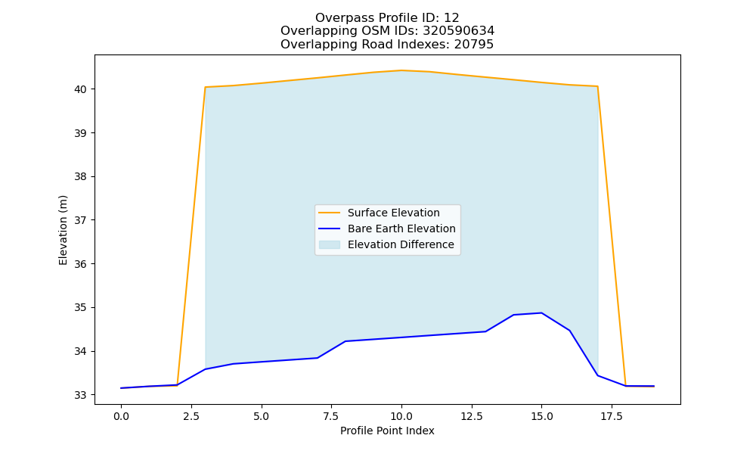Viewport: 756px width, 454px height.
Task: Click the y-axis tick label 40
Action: [x=81, y=89]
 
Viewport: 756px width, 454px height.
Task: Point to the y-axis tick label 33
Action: [x=81, y=395]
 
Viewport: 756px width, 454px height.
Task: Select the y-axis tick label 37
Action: [x=81, y=220]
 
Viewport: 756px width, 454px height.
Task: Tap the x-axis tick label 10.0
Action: [x=401, y=416]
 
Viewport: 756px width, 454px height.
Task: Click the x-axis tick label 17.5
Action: [x=612, y=416]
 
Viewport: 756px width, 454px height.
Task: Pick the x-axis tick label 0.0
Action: [x=121, y=416]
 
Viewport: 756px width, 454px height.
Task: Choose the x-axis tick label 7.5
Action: [x=331, y=416]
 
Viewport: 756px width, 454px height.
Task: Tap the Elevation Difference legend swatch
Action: [x=330, y=244]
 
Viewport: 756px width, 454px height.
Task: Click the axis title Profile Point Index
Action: [x=387, y=431]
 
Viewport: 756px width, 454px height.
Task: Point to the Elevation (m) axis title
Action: [x=63, y=230]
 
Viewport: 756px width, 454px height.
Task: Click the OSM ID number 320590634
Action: [x=459, y=31]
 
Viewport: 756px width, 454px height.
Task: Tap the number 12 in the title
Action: [x=451, y=18]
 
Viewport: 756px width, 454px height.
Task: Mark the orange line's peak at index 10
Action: [x=401, y=70]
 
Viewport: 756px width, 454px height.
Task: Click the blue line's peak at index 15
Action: [x=541, y=313]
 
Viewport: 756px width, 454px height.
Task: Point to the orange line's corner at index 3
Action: [x=206, y=87]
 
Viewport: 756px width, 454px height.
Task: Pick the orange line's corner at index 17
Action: [x=597, y=86]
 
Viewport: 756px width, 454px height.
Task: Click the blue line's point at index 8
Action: [x=345, y=341]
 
